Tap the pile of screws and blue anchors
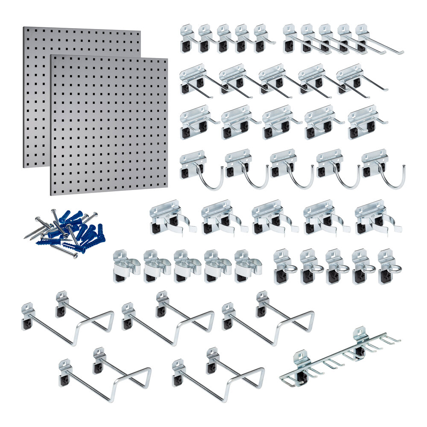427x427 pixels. coord(64,233)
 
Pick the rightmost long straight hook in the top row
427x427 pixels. coord(376,41)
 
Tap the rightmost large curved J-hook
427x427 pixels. coord(382,169)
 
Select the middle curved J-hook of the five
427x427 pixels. coord(290,169)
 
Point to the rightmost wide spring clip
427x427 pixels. coord(376,218)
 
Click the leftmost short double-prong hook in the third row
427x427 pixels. coord(196,122)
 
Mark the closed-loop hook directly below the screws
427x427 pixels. coord(68,318)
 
